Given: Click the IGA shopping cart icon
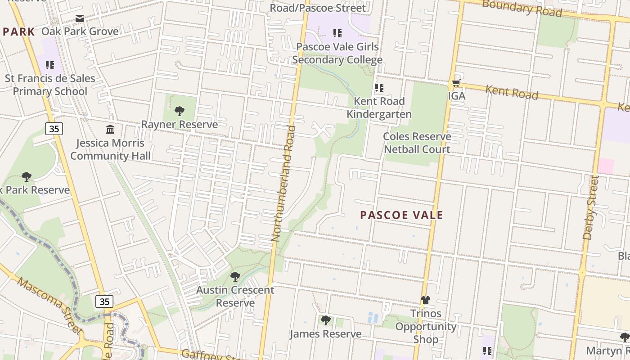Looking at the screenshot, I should pyautogui.click(x=456, y=83).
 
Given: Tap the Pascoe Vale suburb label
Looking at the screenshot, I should pyautogui.click(x=401, y=215).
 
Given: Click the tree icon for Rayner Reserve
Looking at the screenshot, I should pyautogui.click(x=180, y=111).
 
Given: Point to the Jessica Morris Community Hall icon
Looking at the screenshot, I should pyautogui.click(x=110, y=130).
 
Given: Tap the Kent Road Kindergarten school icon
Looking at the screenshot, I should pyautogui.click(x=379, y=87).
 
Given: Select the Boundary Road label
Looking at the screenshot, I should pyautogui.click(x=522, y=8).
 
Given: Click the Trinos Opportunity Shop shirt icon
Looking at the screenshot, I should pyautogui.click(x=426, y=300).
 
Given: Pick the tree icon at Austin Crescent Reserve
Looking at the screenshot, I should pyautogui.click(x=235, y=276).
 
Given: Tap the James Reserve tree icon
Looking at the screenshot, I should pyautogui.click(x=325, y=320).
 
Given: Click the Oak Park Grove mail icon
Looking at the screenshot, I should pyautogui.click(x=80, y=18).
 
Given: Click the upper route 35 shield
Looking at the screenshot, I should pyautogui.click(x=54, y=129).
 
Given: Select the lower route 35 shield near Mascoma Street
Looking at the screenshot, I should pyautogui.click(x=104, y=301).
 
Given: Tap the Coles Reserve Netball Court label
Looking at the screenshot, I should pyautogui.click(x=417, y=143).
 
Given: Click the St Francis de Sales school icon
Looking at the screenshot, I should pyautogui.click(x=50, y=65).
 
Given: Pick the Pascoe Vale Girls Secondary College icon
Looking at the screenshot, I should pyautogui.click(x=337, y=33).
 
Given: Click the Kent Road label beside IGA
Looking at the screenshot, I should pyautogui.click(x=512, y=92).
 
